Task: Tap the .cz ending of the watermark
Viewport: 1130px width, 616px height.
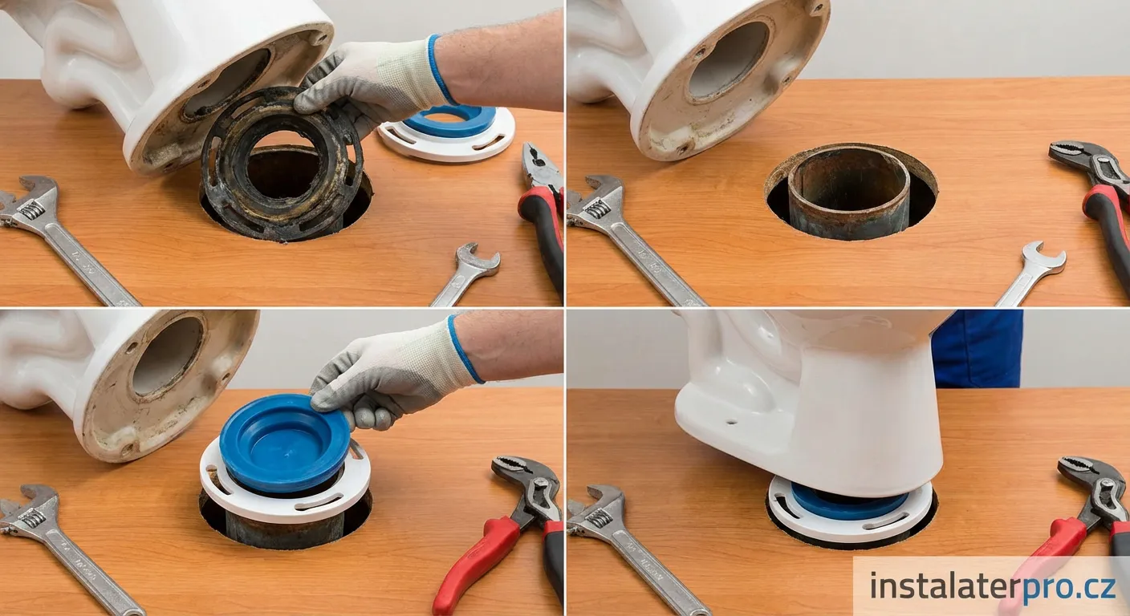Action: point(1095,587)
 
